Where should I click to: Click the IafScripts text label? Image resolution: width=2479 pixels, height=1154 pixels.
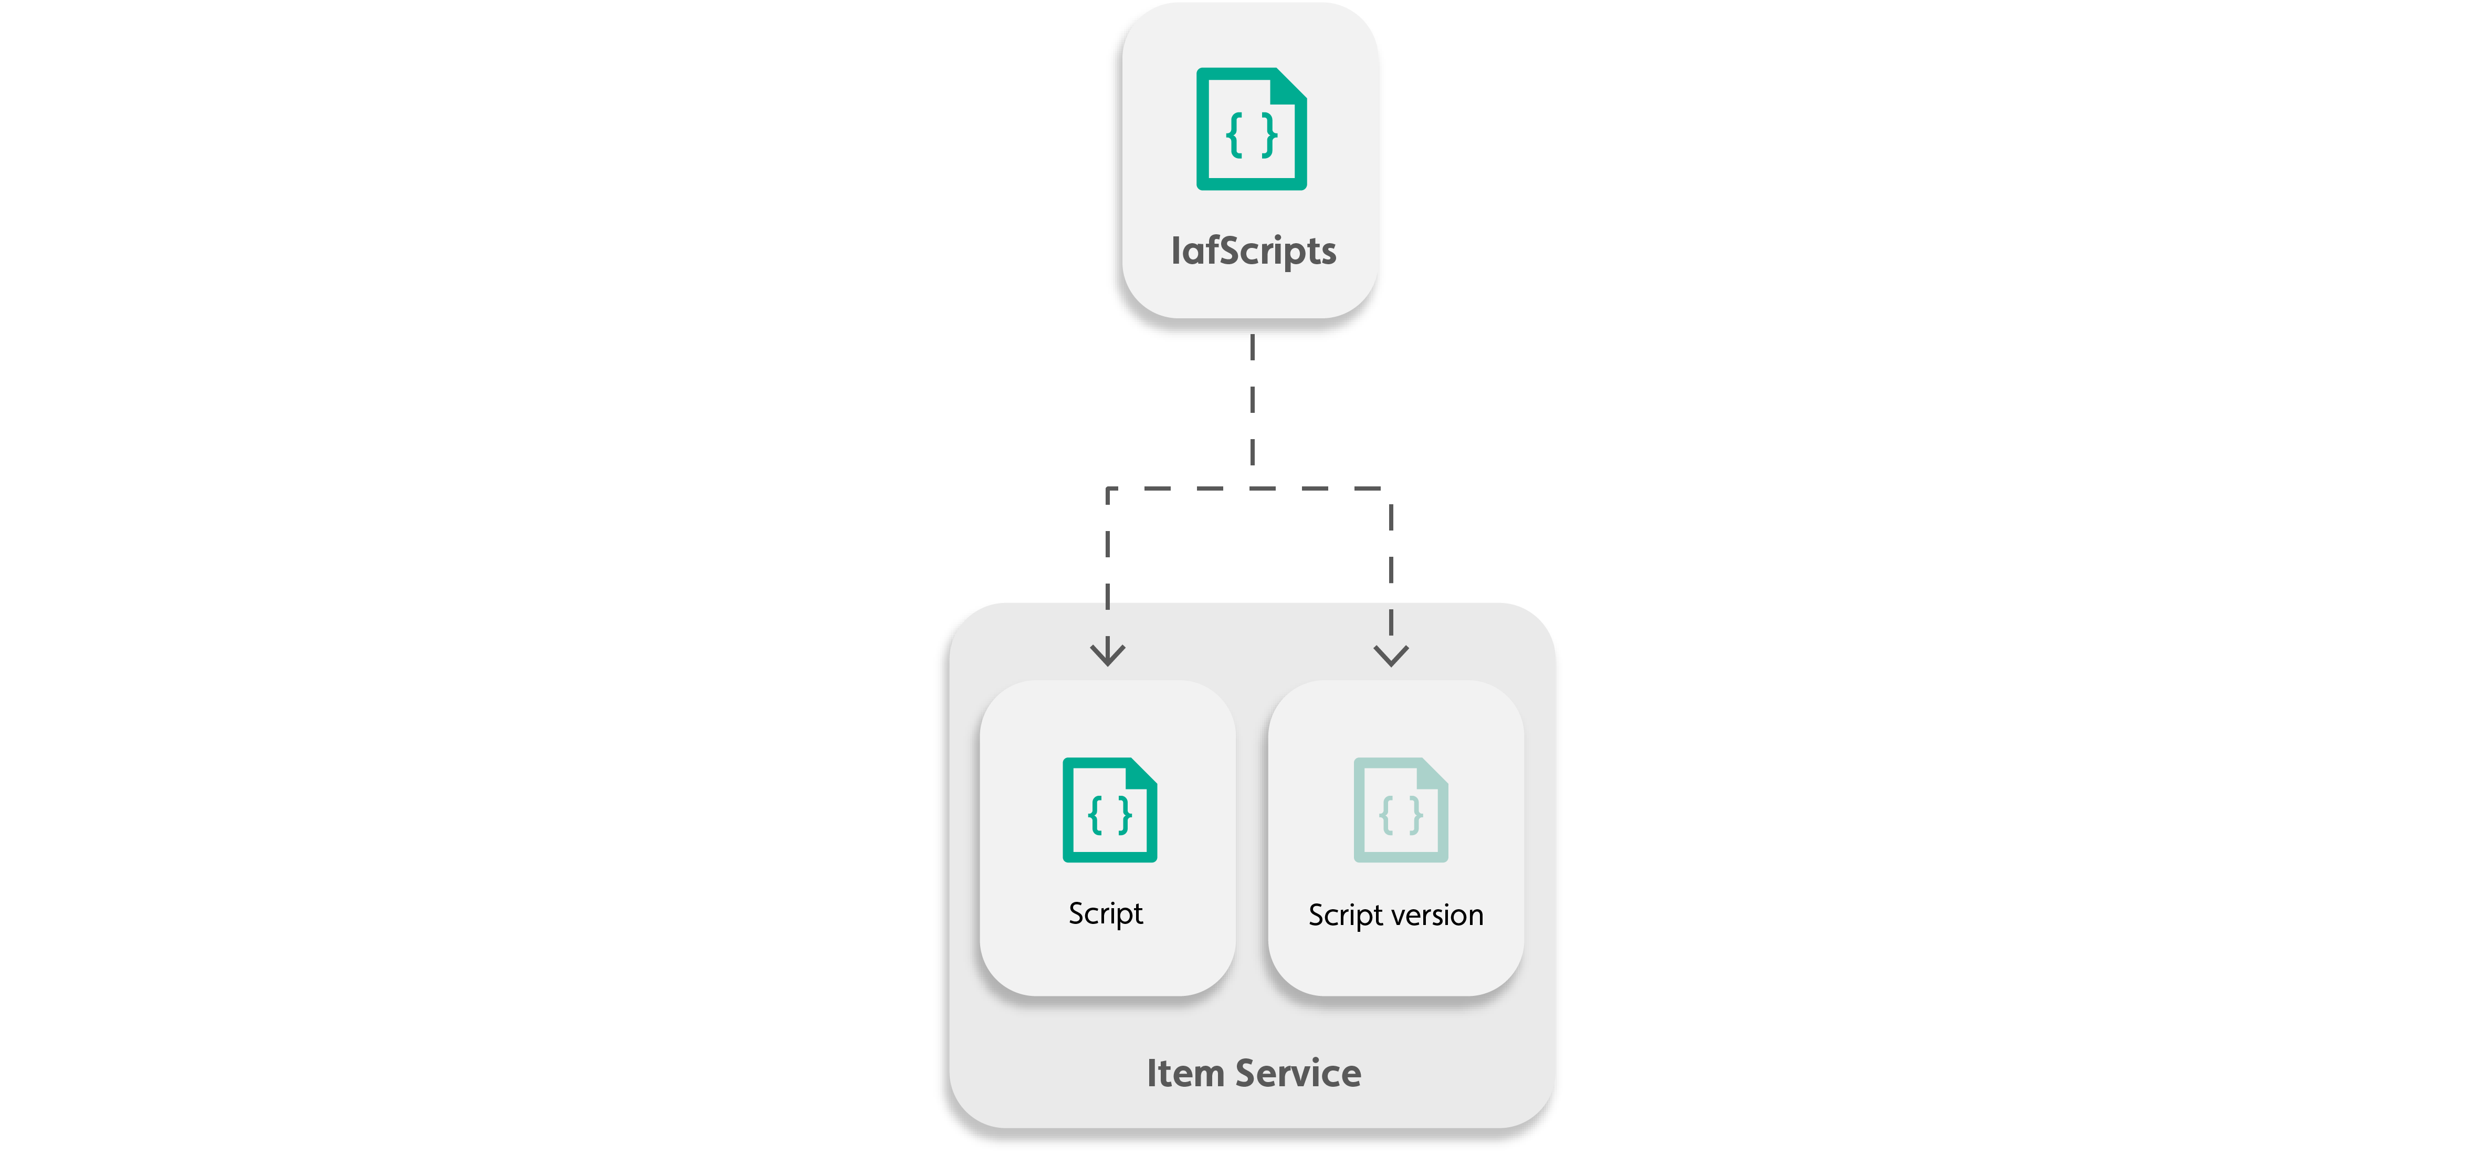pos(1253,251)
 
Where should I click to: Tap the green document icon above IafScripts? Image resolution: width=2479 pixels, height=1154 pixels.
pos(1251,129)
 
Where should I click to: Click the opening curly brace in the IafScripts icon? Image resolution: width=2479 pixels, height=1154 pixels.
pos(1235,135)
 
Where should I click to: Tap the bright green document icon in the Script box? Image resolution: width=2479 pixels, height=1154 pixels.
pos(1110,810)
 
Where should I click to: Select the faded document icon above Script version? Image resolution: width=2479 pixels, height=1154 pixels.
pos(1400,810)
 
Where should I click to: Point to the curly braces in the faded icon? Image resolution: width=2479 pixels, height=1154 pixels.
pos(1400,815)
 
